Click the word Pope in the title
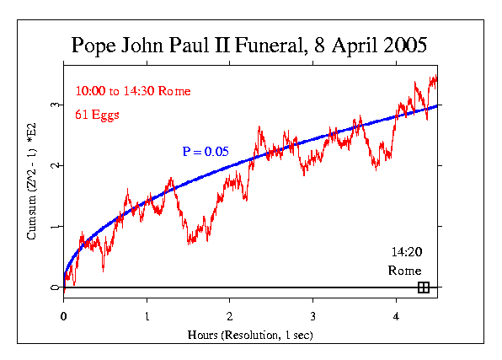tap(91, 45)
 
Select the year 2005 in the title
tap(403, 45)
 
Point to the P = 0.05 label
tap(206, 152)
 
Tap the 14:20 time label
tap(407, 252)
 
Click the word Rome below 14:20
tap(404, 271)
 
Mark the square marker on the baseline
tap(423, 287)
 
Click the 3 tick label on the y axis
tap(53, 105)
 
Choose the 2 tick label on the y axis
tap(53, 165)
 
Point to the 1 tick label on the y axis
tap(53, 227)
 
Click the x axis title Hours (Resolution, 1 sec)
tap(251, 335)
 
